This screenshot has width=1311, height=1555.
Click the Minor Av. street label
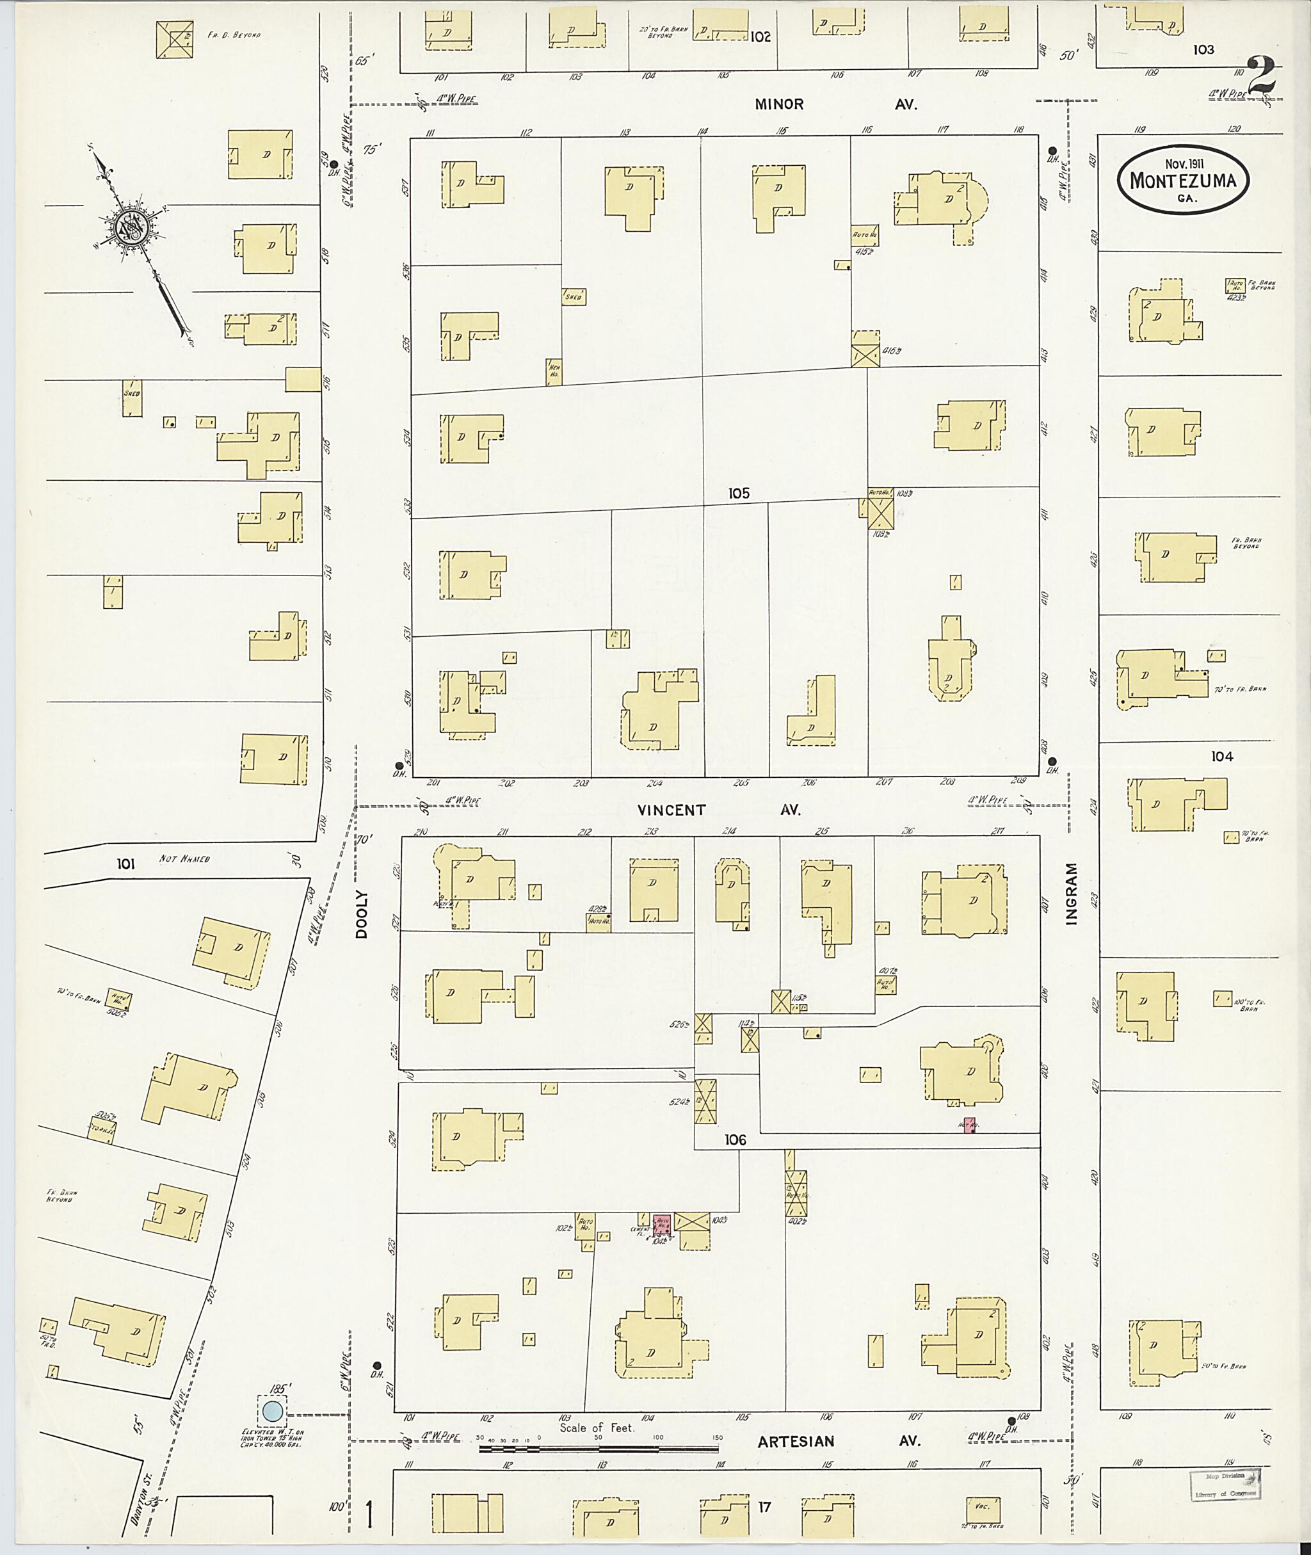pos(835,105)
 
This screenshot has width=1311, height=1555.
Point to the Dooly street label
pos(362,914)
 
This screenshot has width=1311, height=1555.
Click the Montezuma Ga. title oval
pos(1183,181)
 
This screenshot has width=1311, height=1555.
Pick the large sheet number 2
pos(1261,77)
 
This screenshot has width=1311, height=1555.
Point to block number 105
pos(739,493)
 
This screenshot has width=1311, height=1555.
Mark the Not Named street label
pos(185,859)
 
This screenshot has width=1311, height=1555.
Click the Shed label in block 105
pos(573,296)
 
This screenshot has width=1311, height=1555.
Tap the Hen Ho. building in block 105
pos(554,370)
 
